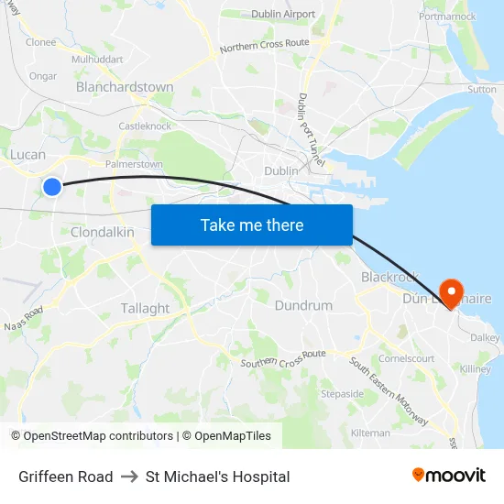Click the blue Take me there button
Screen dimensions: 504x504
(x=252, y=225)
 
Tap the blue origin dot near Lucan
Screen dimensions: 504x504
(x=52, y=187)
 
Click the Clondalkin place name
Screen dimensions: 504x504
(x=103, y=233)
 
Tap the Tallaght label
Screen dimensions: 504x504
(x=145, y=309)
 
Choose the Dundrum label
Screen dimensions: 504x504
(x=303, y=305)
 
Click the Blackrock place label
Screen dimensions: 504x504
(x=389, y=277)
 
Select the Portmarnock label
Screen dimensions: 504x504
(x=446, y=16)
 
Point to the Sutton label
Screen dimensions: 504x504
(x=482, y=90)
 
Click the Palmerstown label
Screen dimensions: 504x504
(x=134, y=165)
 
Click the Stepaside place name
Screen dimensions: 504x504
(x=342, y=394)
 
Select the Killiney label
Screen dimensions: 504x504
(x=477, y=368)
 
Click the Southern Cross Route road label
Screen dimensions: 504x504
(x=283, y=359)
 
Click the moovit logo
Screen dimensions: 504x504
(x=448, y=476)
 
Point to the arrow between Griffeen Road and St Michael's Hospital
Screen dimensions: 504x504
(x=129, y=477)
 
